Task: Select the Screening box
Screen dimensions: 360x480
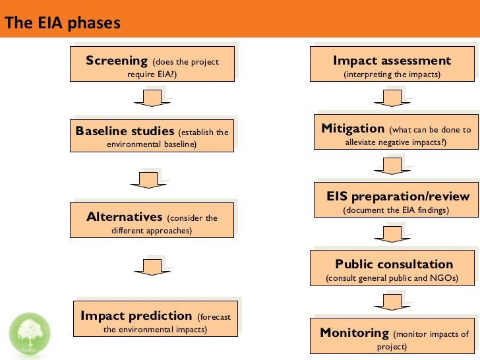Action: [x=152, y=67]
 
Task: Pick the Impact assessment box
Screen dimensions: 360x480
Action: [x=392, y=67]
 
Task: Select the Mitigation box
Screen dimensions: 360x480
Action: [x=396, y=135]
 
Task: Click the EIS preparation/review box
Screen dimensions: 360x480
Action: [x=396, y=202]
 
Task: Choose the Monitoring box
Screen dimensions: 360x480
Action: [x=394, y=338]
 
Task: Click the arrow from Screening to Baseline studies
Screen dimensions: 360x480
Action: [x=150, y=98]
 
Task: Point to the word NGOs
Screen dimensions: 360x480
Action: [x=442, y=278]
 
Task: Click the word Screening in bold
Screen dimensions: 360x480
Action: [x=116, y=61]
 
